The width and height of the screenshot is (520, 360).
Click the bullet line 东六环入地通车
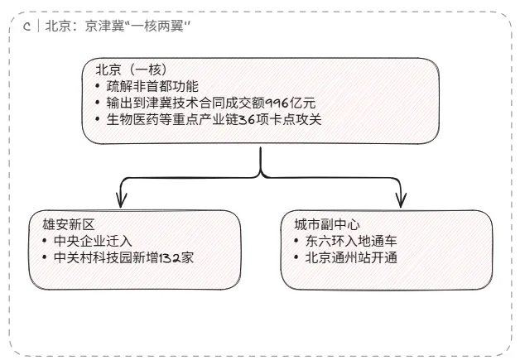coord(351,241)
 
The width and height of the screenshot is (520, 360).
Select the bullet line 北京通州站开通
coord(351,257)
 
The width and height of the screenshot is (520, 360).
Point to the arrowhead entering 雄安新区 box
coord(121,201)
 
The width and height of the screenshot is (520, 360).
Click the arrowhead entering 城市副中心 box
coord(402,201)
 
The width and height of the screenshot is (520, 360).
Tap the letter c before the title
coord(27,26)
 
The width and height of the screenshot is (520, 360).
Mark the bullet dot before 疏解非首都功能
coord(99,86)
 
